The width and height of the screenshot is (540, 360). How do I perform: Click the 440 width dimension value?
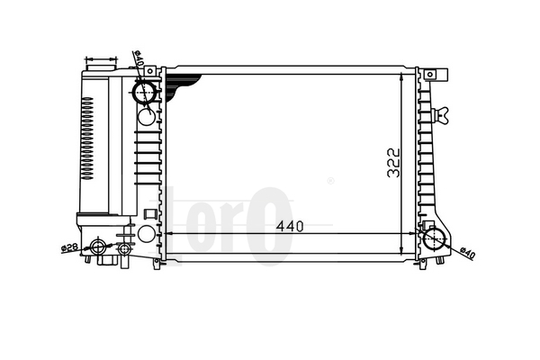coord(290,226)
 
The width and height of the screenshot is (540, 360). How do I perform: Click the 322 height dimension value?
coord(393,163)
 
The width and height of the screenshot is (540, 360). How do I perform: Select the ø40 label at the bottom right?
coord(468,253)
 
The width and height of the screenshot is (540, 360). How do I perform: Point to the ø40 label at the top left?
coord(138,58)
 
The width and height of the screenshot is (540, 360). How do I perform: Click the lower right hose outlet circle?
coord(435,238)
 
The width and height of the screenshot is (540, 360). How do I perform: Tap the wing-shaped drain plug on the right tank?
coord(441,114)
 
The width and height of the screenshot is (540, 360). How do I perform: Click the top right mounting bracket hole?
coord(430,75)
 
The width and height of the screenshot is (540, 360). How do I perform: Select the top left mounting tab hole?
coord(149,71)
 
